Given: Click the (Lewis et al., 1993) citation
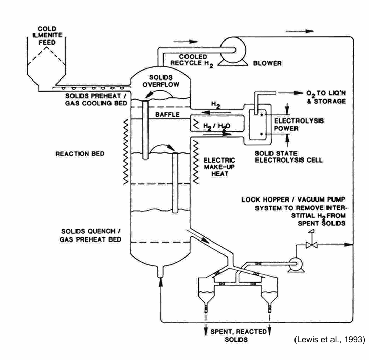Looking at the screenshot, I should click(329, 340).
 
